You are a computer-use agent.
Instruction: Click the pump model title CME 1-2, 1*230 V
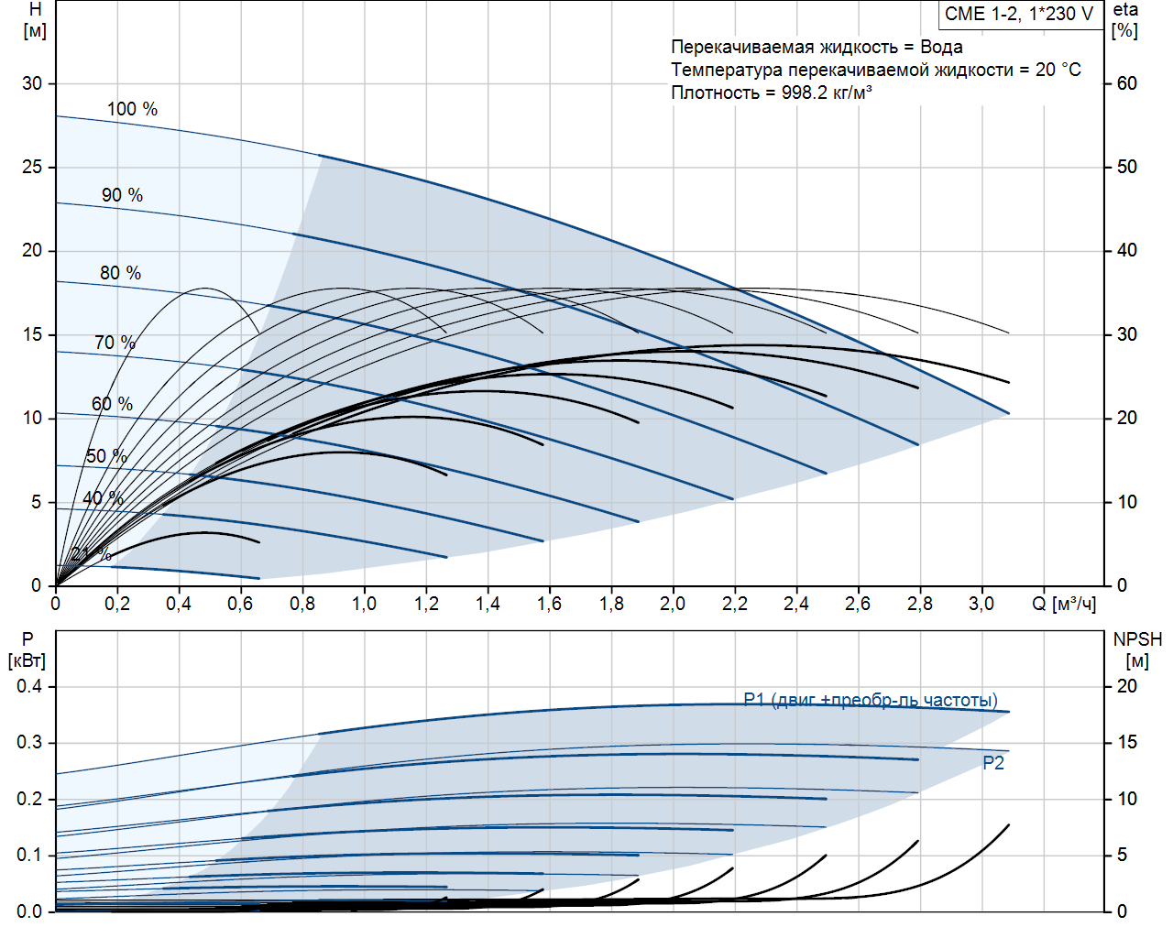coord(1019,14)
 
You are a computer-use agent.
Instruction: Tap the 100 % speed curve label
coord(132,109)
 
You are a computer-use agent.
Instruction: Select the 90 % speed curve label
coord(122,195)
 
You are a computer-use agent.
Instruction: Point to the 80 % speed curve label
coord(120,273)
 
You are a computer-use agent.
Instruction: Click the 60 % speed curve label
coord(112,404)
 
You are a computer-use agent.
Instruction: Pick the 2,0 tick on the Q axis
coord(673,604)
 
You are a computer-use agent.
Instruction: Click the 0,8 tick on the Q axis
coord(302,604)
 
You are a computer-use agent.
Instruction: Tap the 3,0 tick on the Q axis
coord(981,604)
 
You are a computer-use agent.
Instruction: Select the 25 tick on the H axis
coord(32,167)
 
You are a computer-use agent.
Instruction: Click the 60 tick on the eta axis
coord(1126,83)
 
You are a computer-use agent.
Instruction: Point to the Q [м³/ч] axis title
coord(1064,604)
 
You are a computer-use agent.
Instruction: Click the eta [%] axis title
coord(1125,19)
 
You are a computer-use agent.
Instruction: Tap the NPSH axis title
coord(1137,639)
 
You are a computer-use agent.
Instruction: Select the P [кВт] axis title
coord(27,649)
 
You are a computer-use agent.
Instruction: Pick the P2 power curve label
coord(993,763)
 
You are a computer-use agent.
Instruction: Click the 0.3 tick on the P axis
coord(29,742)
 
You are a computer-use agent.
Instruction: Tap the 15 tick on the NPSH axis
coord(1126,742)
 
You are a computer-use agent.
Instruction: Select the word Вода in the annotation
coord(941,47)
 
